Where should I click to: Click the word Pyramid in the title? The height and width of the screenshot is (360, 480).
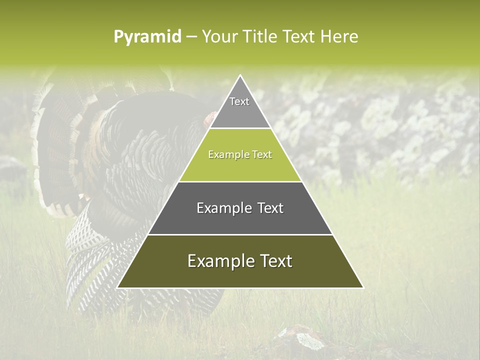[147, 37]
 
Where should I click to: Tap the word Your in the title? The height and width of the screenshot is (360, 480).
[218, 37]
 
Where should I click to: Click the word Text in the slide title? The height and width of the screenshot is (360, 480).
[299, 37]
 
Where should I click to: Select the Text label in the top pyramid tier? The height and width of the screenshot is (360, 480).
[239, 101]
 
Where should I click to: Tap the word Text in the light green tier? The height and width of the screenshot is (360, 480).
[262, 155]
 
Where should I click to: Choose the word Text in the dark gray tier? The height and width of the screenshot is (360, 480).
[270, 208]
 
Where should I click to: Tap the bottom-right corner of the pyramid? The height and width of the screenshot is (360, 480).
[363, 287]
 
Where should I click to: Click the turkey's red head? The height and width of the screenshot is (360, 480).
[210, 119]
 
